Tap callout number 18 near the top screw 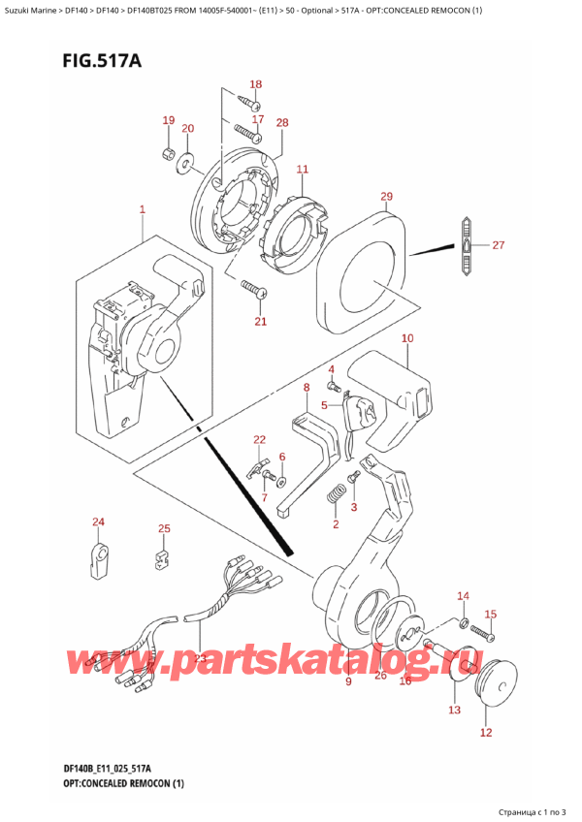click(x=256, y=84)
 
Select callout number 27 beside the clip click(x=499, y=245)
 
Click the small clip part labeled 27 click(x=467, y=246)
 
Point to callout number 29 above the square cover click(x=386, y=197)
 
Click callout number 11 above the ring click(x=302, y=170)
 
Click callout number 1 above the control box click(x=142, y=209)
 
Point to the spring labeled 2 click(x=337, y=495)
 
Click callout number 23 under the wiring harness click(x=201, y=658)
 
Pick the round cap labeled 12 click(x=501, y=677)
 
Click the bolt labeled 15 click(x=483, y=634)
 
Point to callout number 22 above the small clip click(x=259, y=440)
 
